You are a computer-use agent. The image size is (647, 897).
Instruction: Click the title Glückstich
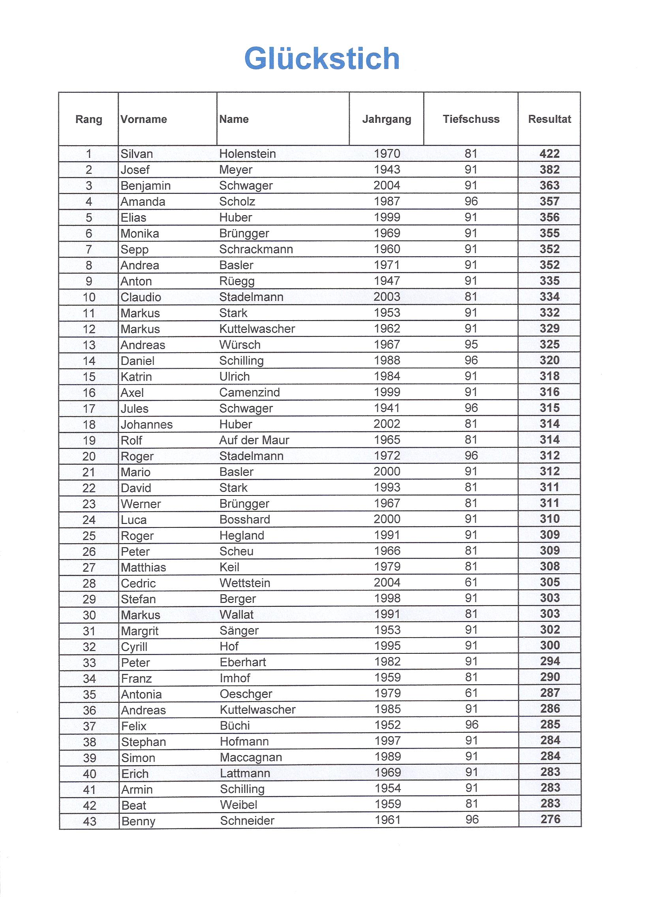point(322,58)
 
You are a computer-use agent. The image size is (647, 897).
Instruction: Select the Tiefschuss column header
point(471,119)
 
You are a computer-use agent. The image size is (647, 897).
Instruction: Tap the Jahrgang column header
point(386,119)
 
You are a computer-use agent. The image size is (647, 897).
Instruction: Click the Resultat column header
point(549,119)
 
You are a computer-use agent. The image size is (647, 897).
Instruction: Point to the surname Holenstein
point(248,154)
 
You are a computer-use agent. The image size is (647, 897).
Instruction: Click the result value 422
point(549,154)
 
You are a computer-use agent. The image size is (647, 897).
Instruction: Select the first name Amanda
point(143,201)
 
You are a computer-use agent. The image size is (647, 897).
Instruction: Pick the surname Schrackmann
point(256,249)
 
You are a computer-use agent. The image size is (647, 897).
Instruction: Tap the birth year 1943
point(387,169)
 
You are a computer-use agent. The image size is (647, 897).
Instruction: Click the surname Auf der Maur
point(254,440)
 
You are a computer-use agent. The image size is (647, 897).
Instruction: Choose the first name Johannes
point(147,424)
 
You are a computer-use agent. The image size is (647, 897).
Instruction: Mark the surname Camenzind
point(249,392)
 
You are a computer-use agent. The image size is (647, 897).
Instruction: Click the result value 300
point(550,646)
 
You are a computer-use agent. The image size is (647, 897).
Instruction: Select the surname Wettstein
point(245,583)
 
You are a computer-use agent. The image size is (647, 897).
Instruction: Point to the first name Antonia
point(141,694)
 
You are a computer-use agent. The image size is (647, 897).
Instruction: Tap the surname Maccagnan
point(251,757)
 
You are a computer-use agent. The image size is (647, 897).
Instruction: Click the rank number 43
point(89,821)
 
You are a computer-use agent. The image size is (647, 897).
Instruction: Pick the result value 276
point(550,819)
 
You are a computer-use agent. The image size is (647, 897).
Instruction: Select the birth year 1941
point(387,408)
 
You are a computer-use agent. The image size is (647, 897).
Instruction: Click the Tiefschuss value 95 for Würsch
point(471,344)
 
